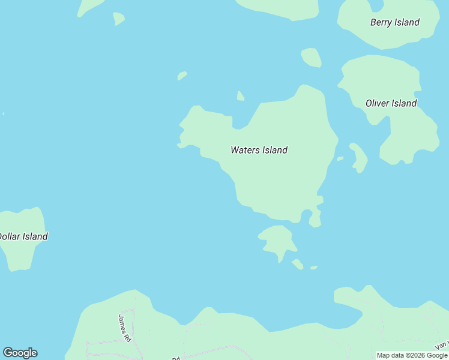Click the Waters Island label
coord(259,150)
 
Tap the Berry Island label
coord(394,23)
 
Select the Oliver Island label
coord(391,103)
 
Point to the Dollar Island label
coord(23,236)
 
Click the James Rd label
coord(125,328)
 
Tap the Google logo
coord(20,353)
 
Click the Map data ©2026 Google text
coord(412,355)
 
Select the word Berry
coord(381,23)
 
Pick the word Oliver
coord(377,103)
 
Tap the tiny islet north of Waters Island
coord(240,96)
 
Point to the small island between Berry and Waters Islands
coord(311,58)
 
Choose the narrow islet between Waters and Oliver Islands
coord(359,157)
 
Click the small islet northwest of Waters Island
coord(182,76)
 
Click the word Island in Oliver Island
coord(403,103)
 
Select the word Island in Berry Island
coord(407,23)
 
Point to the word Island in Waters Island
coord(274,150)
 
